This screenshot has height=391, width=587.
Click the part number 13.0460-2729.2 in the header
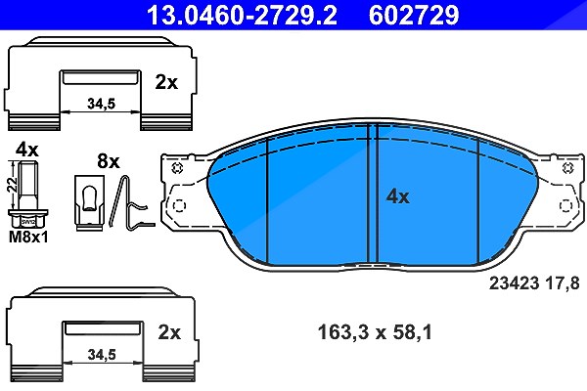pos(242,15)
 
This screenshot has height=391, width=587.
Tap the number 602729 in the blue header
pos(414,15)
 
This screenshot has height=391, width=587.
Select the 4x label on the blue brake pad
pos(397,196)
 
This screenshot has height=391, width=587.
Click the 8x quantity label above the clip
pos(109,161)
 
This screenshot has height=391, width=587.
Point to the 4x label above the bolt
pos(27,150)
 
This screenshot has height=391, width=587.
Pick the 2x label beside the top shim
pos(166,82)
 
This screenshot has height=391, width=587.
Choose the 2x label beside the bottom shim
pos(169,332)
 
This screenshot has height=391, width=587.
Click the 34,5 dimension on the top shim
pos(101,104)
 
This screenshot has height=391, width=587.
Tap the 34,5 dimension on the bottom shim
pos(102,354)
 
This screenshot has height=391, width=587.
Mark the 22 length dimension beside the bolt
pos(13,185)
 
